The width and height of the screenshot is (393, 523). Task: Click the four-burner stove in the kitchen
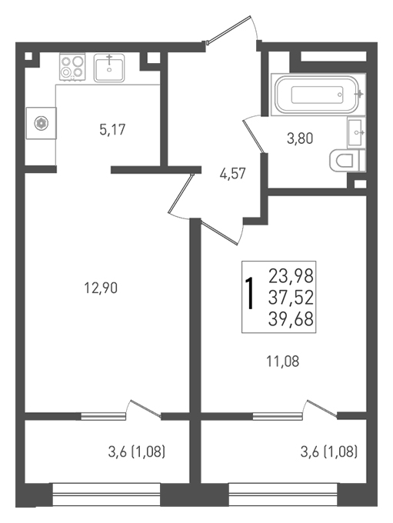(x=72, y=67)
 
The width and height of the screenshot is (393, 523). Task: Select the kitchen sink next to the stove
(x=109, y=68)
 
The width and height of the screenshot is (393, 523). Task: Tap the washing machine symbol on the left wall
(x=41, y=123)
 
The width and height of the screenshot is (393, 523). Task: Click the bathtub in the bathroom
(x=317, y=95)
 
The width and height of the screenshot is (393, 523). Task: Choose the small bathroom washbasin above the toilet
(x=356, y=133)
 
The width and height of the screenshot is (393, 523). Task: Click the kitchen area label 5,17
(x=112, y=129)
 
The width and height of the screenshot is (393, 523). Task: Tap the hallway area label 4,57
(x=232, y=174)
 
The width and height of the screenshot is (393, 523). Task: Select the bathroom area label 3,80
(x=300, y=138)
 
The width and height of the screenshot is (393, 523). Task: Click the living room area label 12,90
(x=101, y=288)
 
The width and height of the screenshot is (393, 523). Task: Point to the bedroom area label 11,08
(x=282, y=361)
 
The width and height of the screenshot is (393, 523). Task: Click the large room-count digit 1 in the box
(x=250, y=294)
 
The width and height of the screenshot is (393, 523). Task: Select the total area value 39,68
(x=291, y=319)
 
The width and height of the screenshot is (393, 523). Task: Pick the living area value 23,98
(x=291, y=276)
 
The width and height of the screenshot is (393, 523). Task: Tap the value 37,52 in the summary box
(x=291, y=298)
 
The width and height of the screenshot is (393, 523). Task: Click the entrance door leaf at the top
(x=228, y=29)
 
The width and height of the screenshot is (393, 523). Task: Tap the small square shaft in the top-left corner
(x=29, y=56)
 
